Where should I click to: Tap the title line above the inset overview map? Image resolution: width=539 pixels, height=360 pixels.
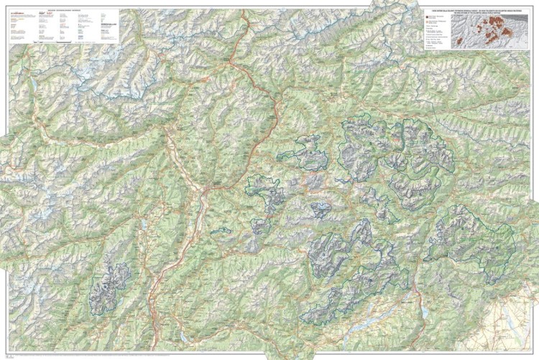(x=474, y=9)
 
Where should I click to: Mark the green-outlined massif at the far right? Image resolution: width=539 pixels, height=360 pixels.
(x=471, y=237)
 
